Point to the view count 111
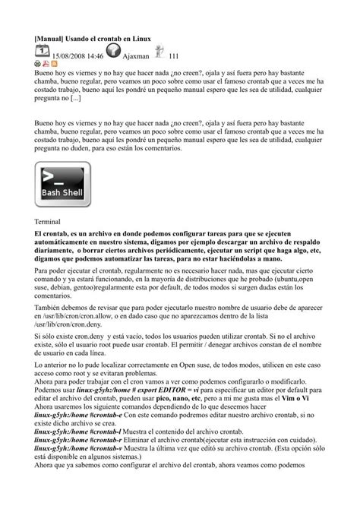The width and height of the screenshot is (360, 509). [x=173, y=55]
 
